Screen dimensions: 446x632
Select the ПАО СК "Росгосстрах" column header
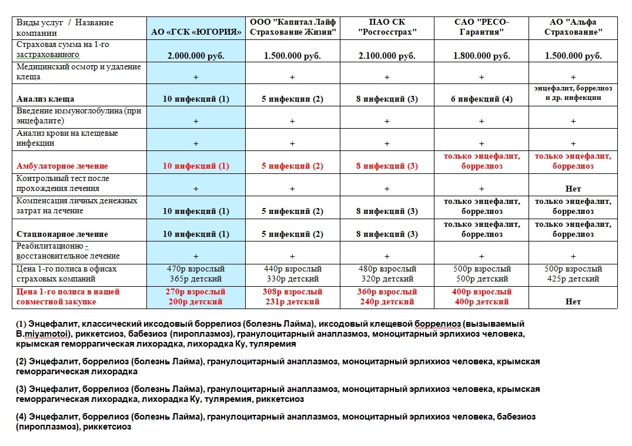386,27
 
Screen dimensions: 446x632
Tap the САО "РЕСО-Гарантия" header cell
481,27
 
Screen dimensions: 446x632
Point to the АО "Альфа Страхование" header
573,27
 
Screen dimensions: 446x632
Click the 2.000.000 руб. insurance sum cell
196,56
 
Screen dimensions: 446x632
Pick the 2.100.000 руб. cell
386,56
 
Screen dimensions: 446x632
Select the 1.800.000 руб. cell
481,56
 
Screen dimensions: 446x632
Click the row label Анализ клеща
45,99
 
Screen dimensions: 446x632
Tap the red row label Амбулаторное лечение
62,166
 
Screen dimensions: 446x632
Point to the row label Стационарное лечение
62,234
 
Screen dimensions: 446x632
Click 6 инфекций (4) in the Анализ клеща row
481,99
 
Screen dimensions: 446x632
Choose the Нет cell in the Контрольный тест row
573,189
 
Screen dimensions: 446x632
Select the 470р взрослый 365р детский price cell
196,274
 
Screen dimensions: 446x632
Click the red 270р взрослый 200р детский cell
196,296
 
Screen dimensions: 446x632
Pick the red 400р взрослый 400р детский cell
481,296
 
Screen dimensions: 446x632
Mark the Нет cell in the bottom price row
573,301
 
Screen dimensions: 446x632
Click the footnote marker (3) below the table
21,389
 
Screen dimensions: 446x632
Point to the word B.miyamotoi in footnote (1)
39,334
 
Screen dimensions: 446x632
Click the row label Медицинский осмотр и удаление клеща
79,72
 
